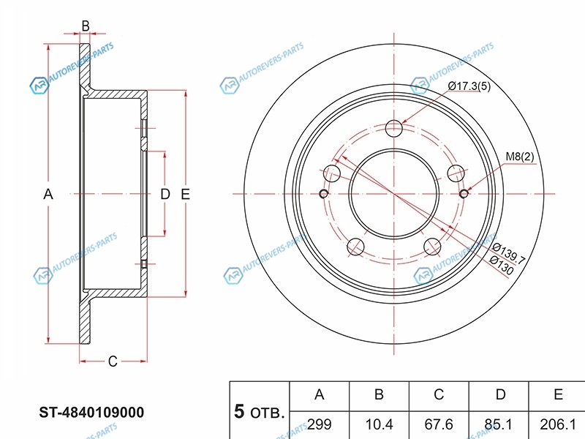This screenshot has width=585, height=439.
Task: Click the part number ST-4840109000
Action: (91, 413)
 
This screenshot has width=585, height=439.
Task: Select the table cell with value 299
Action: (320, 424)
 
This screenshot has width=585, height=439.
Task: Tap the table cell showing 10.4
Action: (379, 424)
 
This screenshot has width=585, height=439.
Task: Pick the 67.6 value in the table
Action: (439, 424)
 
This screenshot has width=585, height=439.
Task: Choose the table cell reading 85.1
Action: (499, 424)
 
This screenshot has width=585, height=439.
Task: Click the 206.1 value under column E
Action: (558, 424)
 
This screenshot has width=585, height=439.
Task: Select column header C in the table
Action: (439, 395)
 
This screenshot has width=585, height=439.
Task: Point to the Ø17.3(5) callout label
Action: (469, 86)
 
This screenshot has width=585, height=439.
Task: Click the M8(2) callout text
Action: (519, 157)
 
